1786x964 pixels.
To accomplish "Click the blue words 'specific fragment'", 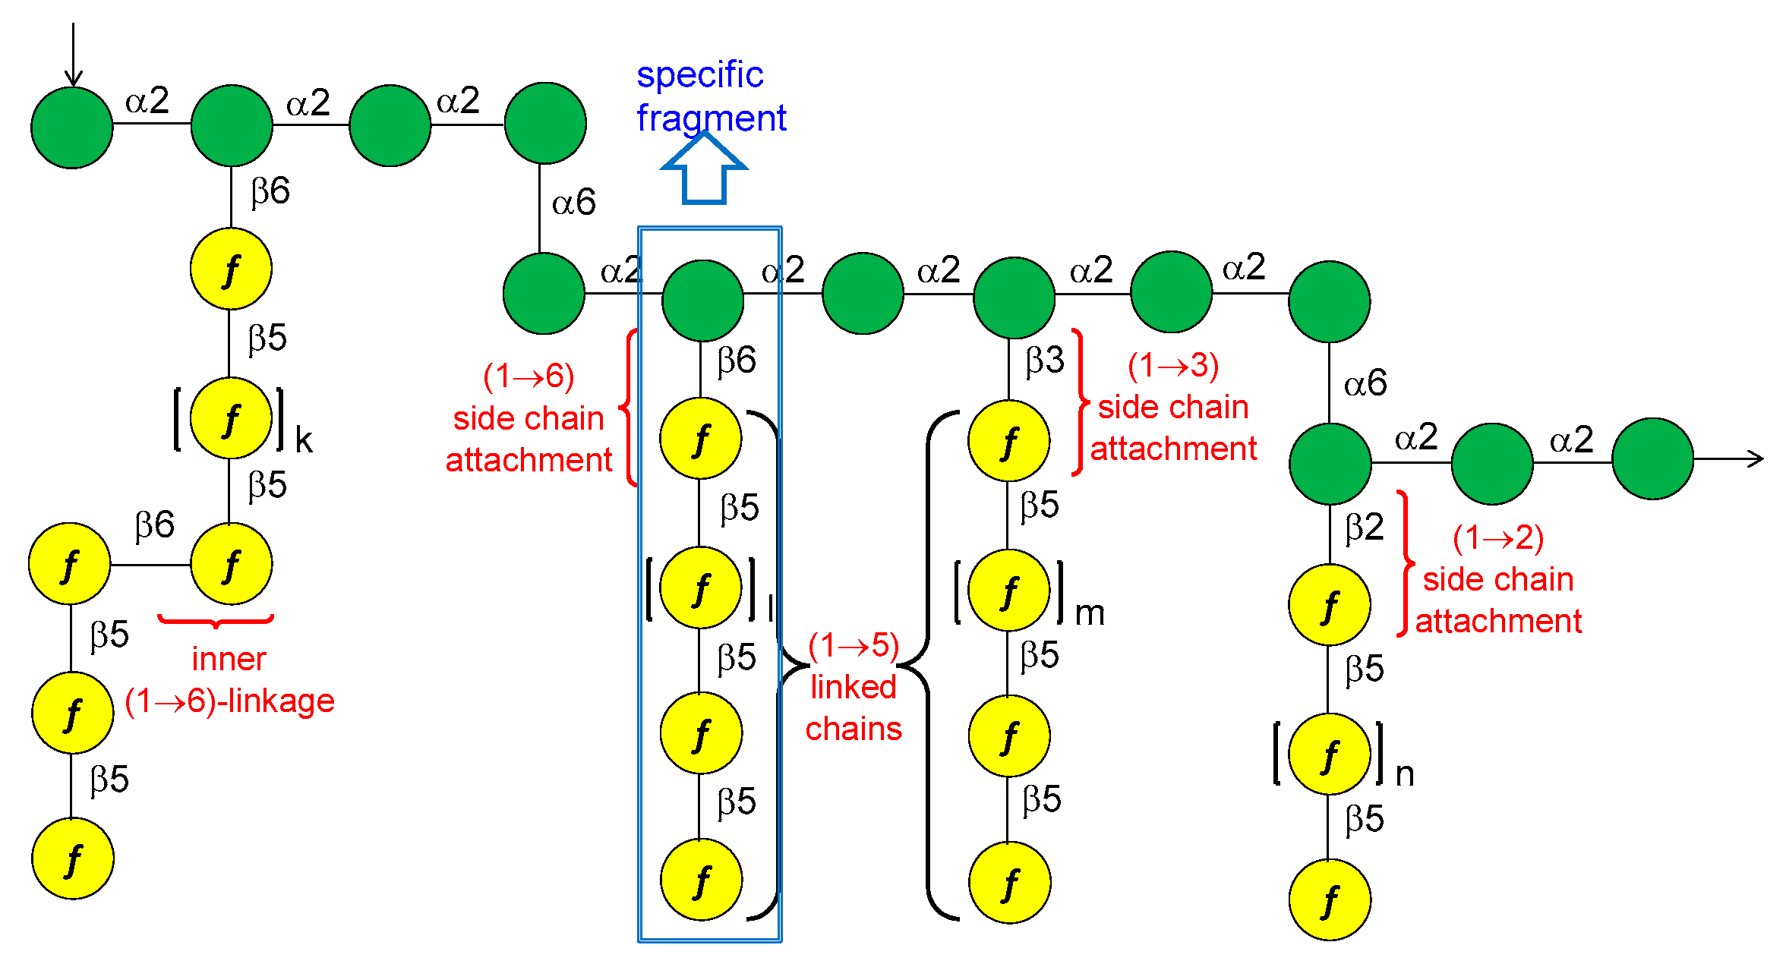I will (x=710, y=96).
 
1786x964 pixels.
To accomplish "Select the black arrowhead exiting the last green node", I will (x=1754, y=458).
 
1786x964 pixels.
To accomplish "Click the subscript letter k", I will (x=304, y=440).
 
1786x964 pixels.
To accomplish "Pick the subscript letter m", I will (x=1090, y=613).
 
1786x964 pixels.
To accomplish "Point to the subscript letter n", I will (x=1405, y=774).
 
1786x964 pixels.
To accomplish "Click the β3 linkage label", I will (x=1045, y=361).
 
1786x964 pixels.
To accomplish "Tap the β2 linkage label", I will (x=1364, y=527).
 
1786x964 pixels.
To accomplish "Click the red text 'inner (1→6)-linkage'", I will (x=229, y=680).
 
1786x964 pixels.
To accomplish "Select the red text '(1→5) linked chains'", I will (x=854, y=687).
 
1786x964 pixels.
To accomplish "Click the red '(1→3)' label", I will (x=1173, y=366).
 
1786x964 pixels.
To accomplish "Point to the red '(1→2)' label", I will (x=1497, y=538).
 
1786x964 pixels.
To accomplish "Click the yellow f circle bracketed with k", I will (x=231, y=418).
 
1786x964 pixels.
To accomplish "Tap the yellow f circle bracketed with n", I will (x=1329, y=754).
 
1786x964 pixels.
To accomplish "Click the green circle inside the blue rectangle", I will (x=702, y=301).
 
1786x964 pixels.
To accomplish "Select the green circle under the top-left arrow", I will (x=72, y=128).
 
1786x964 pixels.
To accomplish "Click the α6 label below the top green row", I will (x=573, y=203).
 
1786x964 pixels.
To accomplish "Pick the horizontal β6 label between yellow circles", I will (x=155, y=525).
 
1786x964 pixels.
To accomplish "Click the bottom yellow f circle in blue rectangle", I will (x=701, y=880).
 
